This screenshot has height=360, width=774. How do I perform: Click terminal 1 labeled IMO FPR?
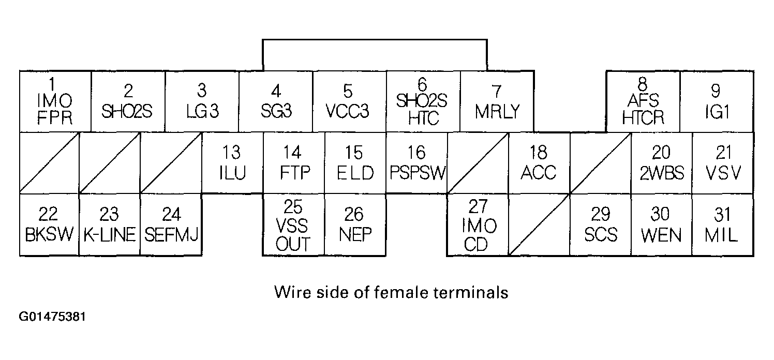click(x=55, y=101)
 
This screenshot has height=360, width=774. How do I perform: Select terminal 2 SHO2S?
click(x=128, y=101)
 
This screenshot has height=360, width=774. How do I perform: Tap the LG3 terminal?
click(x=202, y=101)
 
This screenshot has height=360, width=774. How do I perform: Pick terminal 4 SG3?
click(x=276, y=101)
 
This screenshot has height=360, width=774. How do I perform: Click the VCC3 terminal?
click(x=349, y=101)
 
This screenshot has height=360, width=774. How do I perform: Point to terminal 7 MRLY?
click(x=497, y=101)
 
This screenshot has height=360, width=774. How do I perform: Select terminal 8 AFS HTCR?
click(x=643, y=101)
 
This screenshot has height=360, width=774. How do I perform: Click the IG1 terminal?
click(x=716, y=101)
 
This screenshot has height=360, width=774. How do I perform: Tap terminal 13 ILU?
click(x=232, y=162)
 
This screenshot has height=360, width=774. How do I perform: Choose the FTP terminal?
click(x=294, y=162)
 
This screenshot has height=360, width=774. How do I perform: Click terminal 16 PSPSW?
click(x=416, y=162)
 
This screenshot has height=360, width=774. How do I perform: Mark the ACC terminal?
click(x=539, y=162)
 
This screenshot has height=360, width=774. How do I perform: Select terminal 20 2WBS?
click(x=661, y=162)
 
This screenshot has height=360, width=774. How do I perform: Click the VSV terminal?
click(x=723, y=162)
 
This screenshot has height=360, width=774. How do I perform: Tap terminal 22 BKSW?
click(x=49, y=224)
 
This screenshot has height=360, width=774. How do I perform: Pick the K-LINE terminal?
click(x=110, y=224)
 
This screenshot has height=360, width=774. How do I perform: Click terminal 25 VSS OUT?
click(x=293, y=224)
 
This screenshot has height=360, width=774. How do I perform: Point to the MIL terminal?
click(x=722, y=224)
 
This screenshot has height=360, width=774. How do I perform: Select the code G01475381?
click(x=53, y=317)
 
